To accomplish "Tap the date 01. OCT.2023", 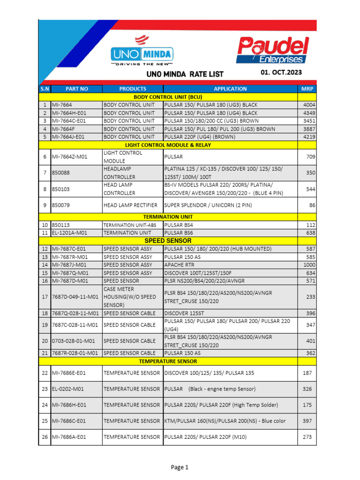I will point(281,72).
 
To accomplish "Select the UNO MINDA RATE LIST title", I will point(185,74).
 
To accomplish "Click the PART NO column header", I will point(77,89).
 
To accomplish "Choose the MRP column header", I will point(307,89).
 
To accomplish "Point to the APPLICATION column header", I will point(230,89).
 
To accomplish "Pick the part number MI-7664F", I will point(62,129).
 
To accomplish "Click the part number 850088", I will point(61,173).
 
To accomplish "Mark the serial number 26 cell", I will point(45,437).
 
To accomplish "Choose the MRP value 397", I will point(307,421).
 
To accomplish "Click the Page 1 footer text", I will point(180,467).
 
